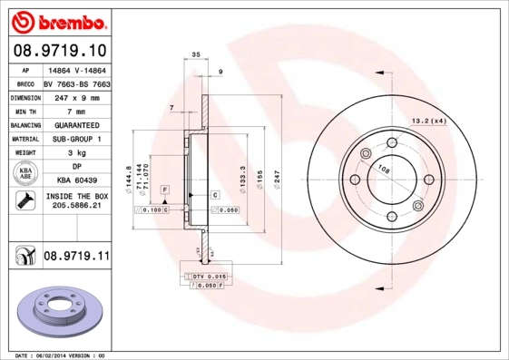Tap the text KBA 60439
pyautogui.click(x=75, y=180)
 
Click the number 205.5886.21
pyautogui.click(x=76, y=207)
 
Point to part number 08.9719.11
pyautogui.click(x=76, y=257)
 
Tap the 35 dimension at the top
pyautogui.click(x=195, y=56)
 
